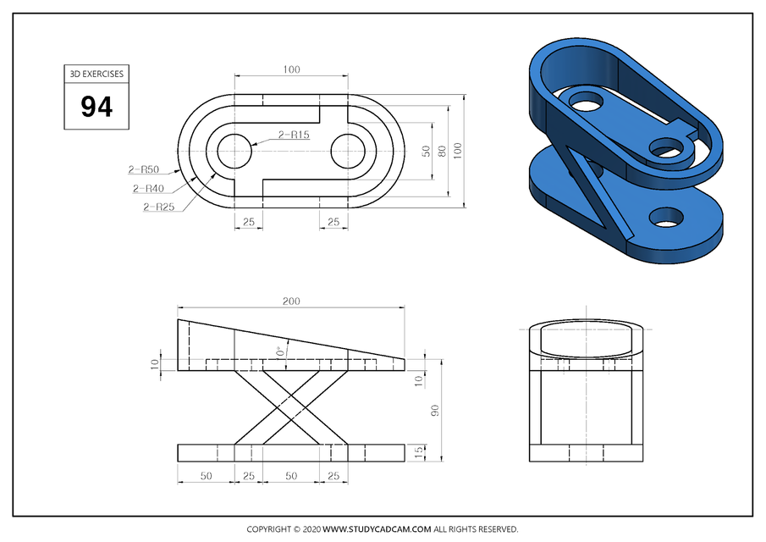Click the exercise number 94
click(x=96, y=107)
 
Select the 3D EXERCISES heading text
click(x=96, y=74)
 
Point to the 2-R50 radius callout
click(x=145, y=169)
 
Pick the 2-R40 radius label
click(x=149, y=188)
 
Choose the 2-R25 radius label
click(x=159, y=207)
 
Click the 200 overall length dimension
click(x=291, y=301)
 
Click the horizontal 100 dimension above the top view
click(x=291, y=69)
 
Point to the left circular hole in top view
click(x=234, y=152)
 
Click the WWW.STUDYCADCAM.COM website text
click(x=377, y=529)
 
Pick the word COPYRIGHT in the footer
click(x=268, y=529)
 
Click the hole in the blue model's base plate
click(x=667, y=218)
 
